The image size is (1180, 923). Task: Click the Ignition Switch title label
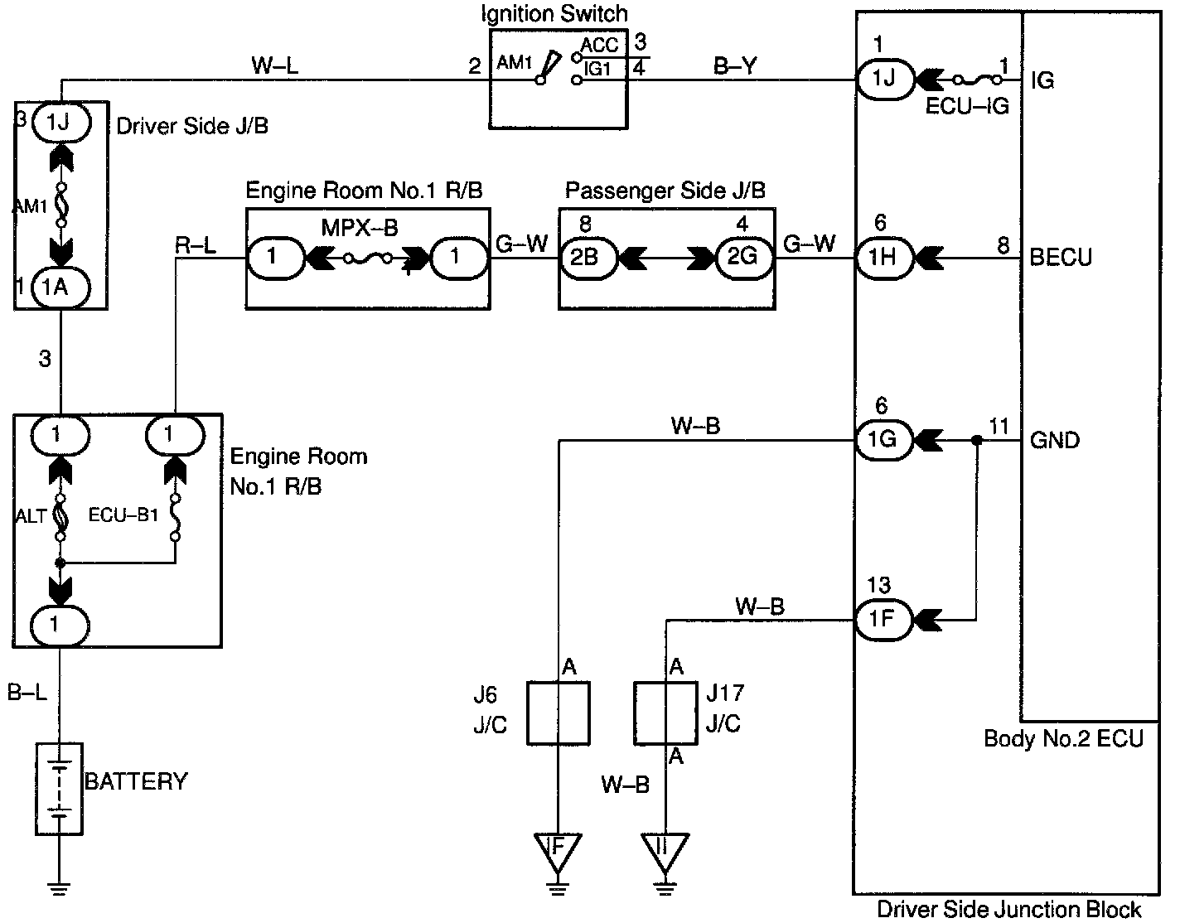click(554, 13)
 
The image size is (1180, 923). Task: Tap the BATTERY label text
click(137, 780)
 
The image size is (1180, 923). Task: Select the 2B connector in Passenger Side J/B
click(585, 258)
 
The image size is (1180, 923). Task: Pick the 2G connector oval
click(742, 258)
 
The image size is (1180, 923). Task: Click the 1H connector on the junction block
click(883, 258)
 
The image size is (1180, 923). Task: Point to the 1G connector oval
click(883, 439)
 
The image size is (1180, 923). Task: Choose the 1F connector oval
click(883, 619)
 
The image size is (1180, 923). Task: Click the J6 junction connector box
click(559, 713)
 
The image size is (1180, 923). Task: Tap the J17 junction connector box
click(665, 713)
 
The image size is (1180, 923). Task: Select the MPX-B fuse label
click(360, 227)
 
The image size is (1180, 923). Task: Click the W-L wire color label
click(275, 65)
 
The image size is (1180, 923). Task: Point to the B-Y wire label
click(735, 65)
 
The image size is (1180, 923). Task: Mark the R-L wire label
click(196, 245)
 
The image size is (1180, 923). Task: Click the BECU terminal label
click(1061, 258)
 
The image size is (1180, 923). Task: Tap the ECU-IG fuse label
click(969, 107)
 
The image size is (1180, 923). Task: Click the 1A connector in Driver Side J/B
click(60, 288)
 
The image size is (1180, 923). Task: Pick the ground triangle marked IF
click(558, 849)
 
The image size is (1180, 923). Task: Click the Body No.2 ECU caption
click(1064, 738)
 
